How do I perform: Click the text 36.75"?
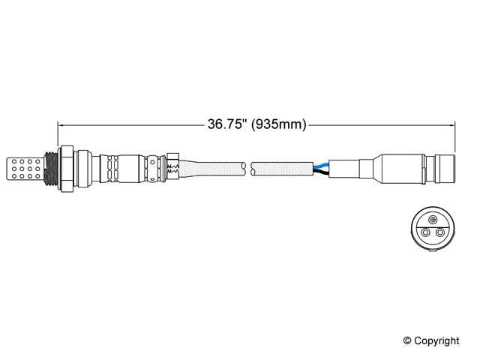point(228,124)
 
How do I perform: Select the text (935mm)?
point(278,124)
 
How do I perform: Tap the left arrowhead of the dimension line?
point(62,124)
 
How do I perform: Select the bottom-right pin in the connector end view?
point(439,233)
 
